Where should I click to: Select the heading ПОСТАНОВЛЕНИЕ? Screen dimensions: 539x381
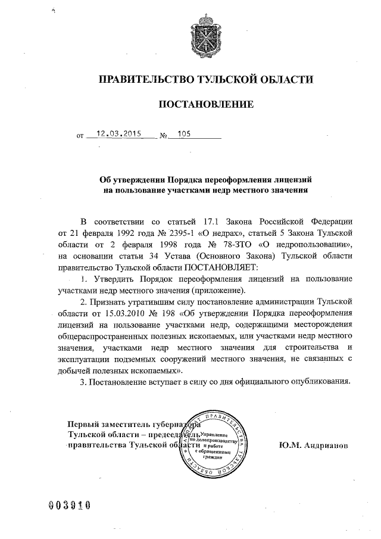pyautogui.click(x=205, y=105)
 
